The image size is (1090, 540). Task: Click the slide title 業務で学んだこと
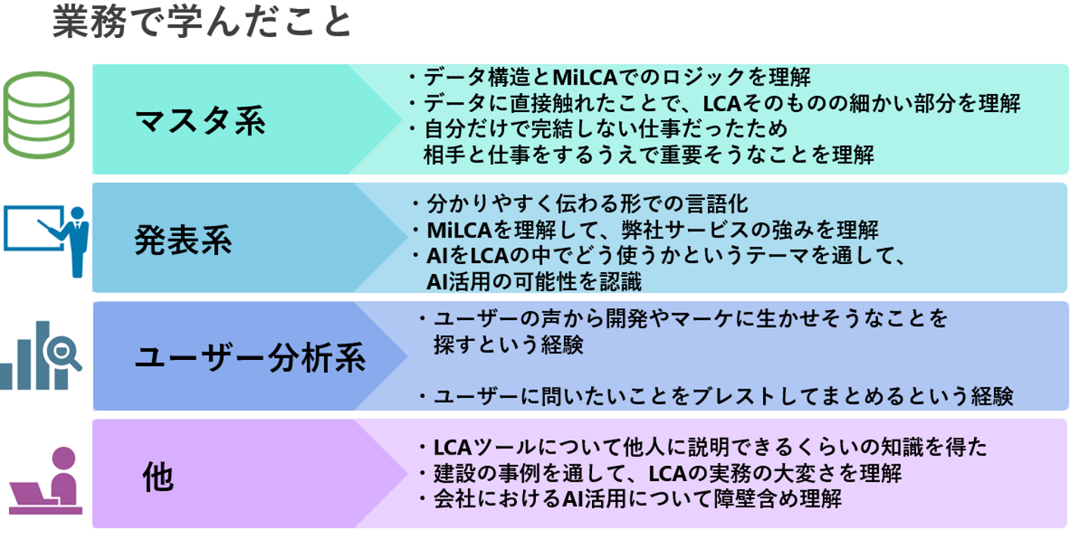pyautogui.click(x=202, y=23)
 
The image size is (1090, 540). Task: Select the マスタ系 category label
pyautogui.click(x=201, y=121)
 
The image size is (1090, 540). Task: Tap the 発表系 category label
pyautogui.click(x=183, y=240)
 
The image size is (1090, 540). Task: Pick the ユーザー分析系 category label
pyautogui.click(x=250, y=357)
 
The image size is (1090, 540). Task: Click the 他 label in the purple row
pyautogui.click(x=158, y=476)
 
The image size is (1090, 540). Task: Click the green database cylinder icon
pyautogui.click(x=39, y=115)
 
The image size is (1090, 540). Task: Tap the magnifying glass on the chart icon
pyautogui.click(x=62, y=352)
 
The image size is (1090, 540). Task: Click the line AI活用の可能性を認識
pyautogui.click(x=534, y=281)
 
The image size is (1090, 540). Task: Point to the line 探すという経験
pyautogui.click(x=508, y=345)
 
